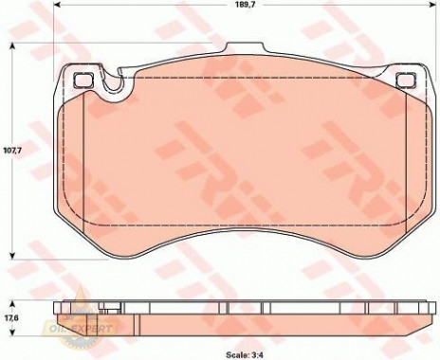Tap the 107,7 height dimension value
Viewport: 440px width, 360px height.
click(x=12, y=151)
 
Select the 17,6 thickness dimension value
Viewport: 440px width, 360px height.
click(x=12, y=318)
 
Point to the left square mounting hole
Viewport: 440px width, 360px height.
click(x=83, y=80)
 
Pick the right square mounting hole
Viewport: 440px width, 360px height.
click(x=407, y=80)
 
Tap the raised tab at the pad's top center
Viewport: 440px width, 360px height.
click(x=245, y=48)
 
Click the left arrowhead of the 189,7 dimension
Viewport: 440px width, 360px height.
click(x=57, y=5)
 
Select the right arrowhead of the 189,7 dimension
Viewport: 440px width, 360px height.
click(x=432, y=5)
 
